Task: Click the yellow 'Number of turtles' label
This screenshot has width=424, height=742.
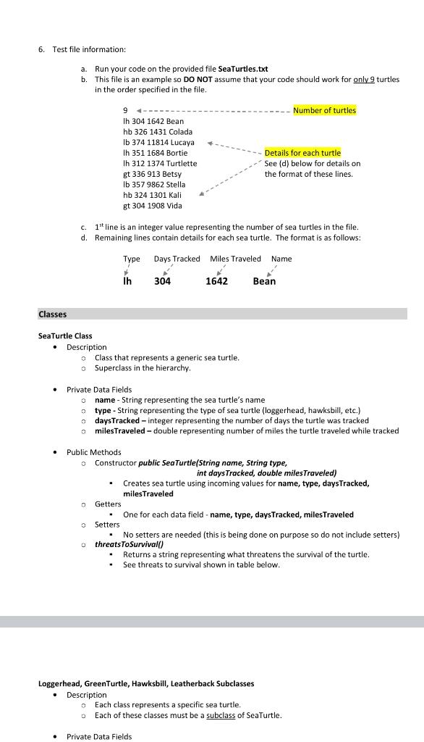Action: click(x=324, y=110)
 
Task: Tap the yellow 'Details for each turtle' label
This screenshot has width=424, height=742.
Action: click(x=302, y=153)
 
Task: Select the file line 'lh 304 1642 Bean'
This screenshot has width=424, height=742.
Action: click(x=153, y=121)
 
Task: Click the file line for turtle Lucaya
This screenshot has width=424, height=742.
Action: click(x=158, y=142)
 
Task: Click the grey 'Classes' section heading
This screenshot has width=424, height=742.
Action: click(x=52, y=314)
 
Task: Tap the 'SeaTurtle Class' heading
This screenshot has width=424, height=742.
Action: click(x=65, y=336)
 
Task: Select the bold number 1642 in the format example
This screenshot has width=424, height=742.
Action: click(x=216, y=281)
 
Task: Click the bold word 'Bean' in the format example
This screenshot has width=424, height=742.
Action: click(x=264, y=281)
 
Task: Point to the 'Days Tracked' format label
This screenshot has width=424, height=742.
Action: click(x=177, y=259)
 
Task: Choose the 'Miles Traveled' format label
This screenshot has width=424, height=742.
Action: click(x=235, y=259)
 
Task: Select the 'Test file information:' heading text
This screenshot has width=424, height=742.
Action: click(x=89, y=49)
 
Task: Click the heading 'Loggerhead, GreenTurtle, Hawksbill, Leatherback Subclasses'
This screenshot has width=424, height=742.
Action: click(x=145, y=683)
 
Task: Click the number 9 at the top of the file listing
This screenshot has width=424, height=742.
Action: click(x=126, y=111)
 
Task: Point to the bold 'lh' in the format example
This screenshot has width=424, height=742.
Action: click(x=128, y=281)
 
